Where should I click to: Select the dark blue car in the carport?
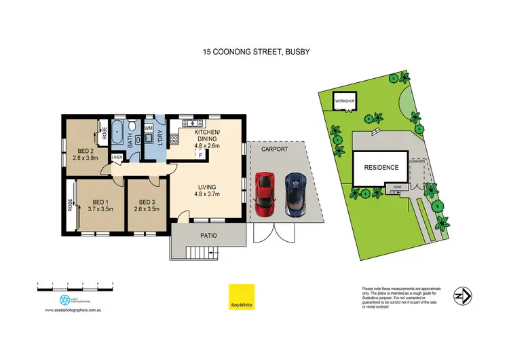[296, 194]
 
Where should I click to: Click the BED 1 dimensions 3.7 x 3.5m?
[102, 209]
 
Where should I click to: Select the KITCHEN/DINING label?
[208, 135]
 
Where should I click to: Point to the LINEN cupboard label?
[117, 158]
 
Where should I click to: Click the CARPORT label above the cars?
[274, 149]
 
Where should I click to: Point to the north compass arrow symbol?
[463, 296]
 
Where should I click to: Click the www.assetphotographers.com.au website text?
[74, 310]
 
